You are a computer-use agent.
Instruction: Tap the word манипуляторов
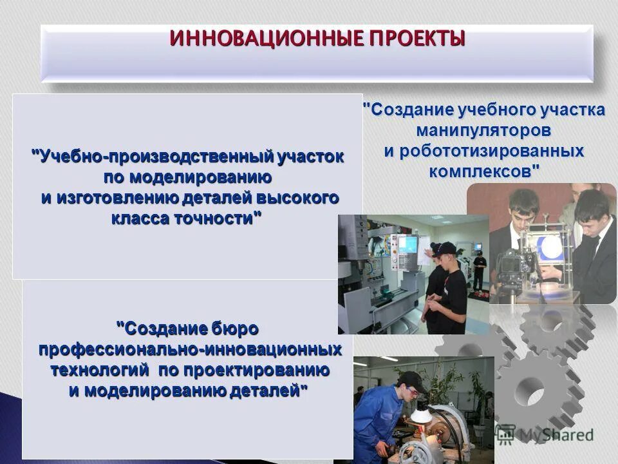pyautogui.click(x=483, y=130)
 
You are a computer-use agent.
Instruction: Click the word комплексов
pyautogui.click(x=481, y=172)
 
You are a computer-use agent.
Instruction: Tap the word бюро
pyautogui.click(x=235, y=329)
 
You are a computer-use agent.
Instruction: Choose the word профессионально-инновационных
pyautogui.click(x=190, y=349)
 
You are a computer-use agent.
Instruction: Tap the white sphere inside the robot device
pyautogui.click(x=550, y=249)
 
